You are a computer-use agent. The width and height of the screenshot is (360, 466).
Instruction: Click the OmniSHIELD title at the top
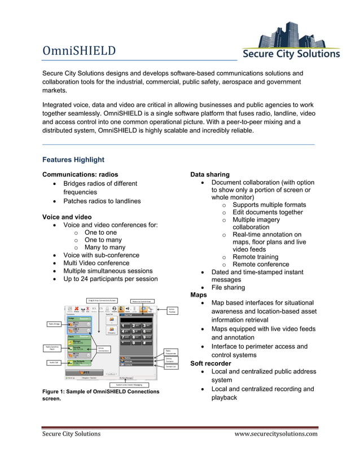point(80,51)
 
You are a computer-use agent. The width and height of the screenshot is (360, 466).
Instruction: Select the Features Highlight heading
point(73,160)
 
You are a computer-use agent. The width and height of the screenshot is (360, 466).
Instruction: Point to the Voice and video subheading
point(67,217)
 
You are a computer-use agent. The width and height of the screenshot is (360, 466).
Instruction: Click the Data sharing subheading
point(210,174)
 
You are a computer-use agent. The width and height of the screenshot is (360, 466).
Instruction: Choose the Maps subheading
point(199,294)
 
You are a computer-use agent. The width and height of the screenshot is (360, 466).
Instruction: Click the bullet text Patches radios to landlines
point(102,201)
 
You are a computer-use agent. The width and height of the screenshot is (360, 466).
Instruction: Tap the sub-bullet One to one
point(100,232)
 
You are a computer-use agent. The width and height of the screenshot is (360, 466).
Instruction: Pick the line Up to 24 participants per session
point(111,279)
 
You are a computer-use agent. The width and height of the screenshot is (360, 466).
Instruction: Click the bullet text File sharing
point(228,287)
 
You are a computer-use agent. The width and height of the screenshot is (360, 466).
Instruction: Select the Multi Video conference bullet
point(96,263)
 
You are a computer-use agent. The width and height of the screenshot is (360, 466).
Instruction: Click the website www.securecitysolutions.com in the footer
point(276,434)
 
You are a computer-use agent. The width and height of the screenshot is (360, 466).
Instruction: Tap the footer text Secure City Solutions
point(72,434)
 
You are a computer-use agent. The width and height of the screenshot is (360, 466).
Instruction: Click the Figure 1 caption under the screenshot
point(101,395)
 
